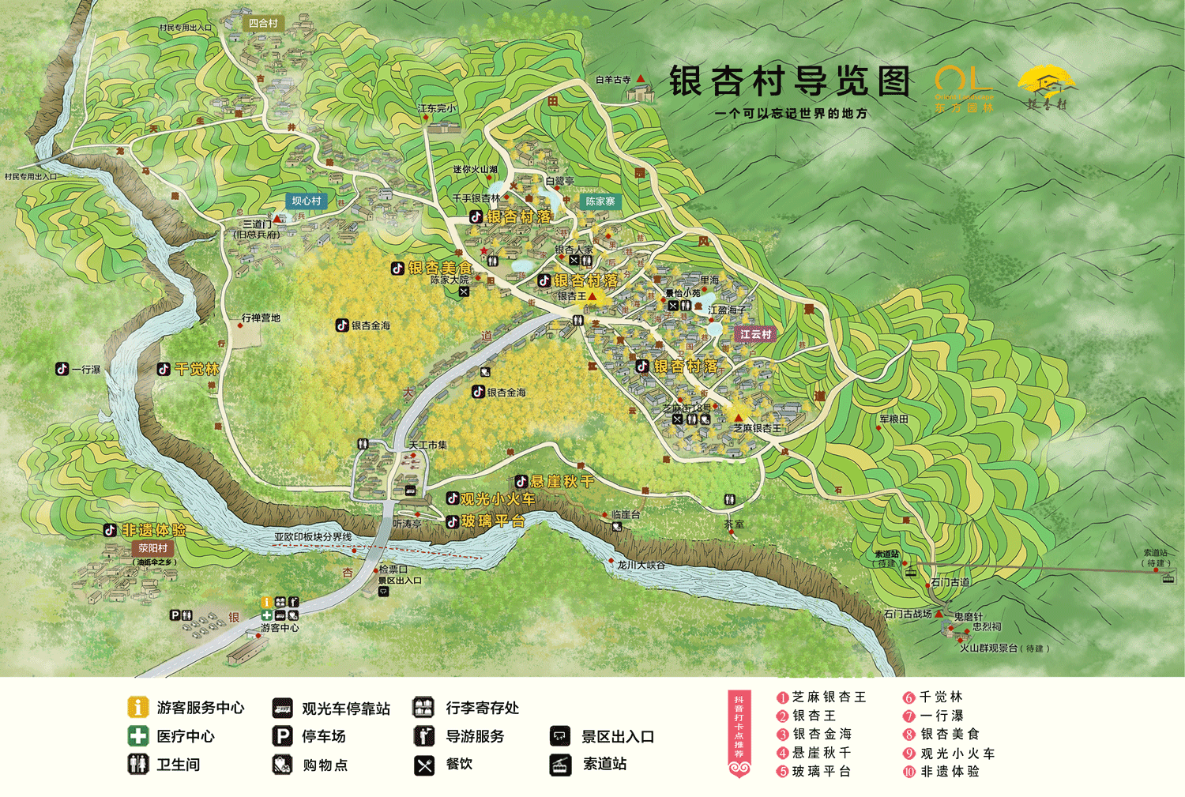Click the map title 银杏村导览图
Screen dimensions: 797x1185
789,81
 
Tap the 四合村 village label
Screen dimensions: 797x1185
263,24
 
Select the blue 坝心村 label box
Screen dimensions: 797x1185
307,201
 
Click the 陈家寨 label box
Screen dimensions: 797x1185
600,201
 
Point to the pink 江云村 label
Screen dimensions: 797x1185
755,334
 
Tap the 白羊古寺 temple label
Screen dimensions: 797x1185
613,80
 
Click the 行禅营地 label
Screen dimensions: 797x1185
261,318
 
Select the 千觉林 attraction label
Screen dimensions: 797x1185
196,369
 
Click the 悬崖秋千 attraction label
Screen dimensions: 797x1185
561,481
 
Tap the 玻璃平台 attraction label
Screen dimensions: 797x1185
493,521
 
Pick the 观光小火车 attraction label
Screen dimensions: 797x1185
497,499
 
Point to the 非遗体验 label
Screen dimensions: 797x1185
153,530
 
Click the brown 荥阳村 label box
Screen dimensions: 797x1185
153,548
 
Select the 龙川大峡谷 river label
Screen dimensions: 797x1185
641,565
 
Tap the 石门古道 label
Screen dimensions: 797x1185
950,582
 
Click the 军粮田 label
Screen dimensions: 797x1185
893,419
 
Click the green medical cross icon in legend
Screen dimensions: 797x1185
138,736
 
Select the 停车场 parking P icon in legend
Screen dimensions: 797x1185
282,736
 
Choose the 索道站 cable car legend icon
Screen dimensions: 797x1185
560,765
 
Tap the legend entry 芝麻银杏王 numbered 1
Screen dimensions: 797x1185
828,697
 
